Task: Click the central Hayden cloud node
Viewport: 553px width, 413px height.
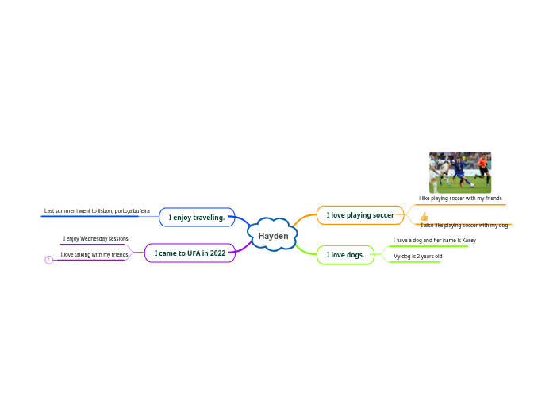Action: click(x=274, y=236)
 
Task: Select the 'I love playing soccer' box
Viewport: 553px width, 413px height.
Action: click(x=360, y=215)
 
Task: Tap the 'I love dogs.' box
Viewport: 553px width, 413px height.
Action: click(x=345, y=255)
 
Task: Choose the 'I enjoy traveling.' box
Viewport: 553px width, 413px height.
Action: click(x=197, y=217)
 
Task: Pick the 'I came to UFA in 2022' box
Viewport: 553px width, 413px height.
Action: click(x=190, y=253)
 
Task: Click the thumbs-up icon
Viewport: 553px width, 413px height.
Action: click(x=424, y=216)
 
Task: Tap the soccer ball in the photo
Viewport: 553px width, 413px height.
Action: click(x=471, y=185)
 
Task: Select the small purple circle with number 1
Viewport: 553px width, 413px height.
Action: click(x=49, y=260)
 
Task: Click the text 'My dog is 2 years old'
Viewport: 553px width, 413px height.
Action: click(x=417, y=257)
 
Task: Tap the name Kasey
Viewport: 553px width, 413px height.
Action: click(x=468, y=240)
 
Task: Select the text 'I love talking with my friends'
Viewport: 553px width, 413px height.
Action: click(x=94, y=255)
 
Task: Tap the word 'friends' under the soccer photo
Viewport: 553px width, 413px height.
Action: click(x=491, y=198)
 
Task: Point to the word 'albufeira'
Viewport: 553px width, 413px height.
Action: click(x=140, y=211)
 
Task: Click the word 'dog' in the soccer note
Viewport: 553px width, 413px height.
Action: click(x=503, y=226)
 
